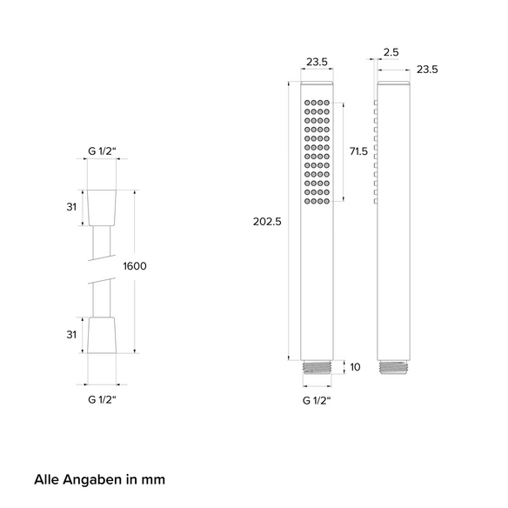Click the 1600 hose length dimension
[x=135, y=266]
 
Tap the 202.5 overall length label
[x=267, y=222]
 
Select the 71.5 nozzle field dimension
[x=358, y=151]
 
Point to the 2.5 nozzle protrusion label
[x=391, y=52]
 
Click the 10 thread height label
[x=355, y=367]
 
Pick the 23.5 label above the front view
[x=317, y=62]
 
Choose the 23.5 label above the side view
[x=427, y=70]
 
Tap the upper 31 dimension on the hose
[x=71, y=207]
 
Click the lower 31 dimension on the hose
[x=71, y=335]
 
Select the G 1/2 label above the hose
[x=102, y=151]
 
